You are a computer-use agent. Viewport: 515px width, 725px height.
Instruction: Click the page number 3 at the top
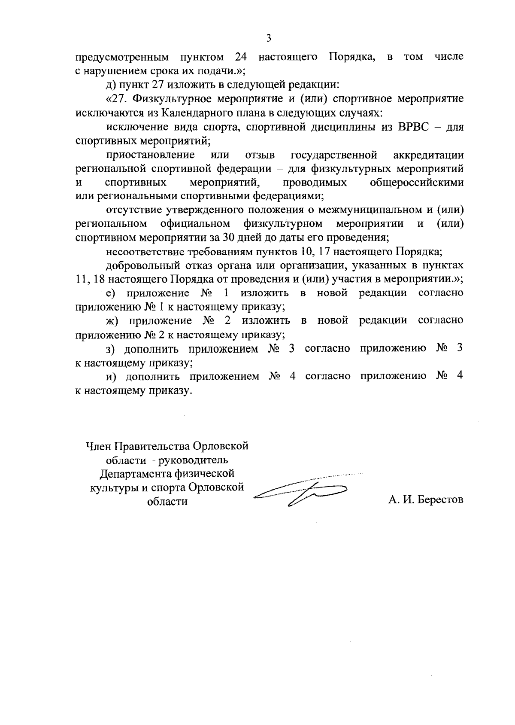tap(269, 38)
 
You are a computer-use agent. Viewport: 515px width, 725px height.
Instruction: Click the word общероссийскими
tap(416, 183)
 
